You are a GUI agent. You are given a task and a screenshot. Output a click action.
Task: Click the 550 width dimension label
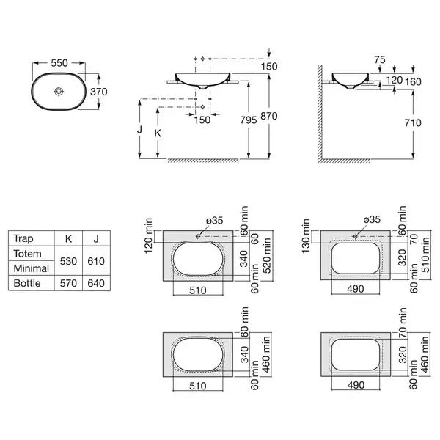(59, 63)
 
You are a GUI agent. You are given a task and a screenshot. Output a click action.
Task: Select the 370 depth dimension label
(99, 92)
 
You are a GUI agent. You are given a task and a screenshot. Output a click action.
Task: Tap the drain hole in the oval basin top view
(59, 92)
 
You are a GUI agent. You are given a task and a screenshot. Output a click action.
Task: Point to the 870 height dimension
(269, 116)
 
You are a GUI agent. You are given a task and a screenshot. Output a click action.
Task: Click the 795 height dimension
(249, 120)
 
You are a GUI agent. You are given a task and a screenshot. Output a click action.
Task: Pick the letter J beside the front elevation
(139, 130)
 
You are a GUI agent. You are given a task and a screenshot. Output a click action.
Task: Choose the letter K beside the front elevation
(158, 133)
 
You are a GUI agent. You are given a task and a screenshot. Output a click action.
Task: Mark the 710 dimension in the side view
(413, 122)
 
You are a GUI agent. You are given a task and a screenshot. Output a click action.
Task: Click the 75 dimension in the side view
(380, 60)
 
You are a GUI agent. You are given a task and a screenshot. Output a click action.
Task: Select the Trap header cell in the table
(23, 238)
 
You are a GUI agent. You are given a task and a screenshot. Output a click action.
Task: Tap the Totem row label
(28, 254)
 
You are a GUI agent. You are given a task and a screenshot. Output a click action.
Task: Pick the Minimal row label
(31, 268)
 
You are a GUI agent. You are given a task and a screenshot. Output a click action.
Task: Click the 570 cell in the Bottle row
(68, 283)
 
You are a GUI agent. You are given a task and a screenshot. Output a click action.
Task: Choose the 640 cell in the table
(96, 283)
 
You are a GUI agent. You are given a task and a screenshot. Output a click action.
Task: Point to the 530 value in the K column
(68, 261)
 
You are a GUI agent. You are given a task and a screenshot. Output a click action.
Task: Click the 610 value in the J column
(96, 261)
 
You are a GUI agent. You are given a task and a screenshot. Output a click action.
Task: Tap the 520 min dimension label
(267, 256)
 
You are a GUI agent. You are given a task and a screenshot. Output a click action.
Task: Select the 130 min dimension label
(306, 236)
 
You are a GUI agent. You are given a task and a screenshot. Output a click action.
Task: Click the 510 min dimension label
(425, 254)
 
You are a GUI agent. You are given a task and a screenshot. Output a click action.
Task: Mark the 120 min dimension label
(148, 235)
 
